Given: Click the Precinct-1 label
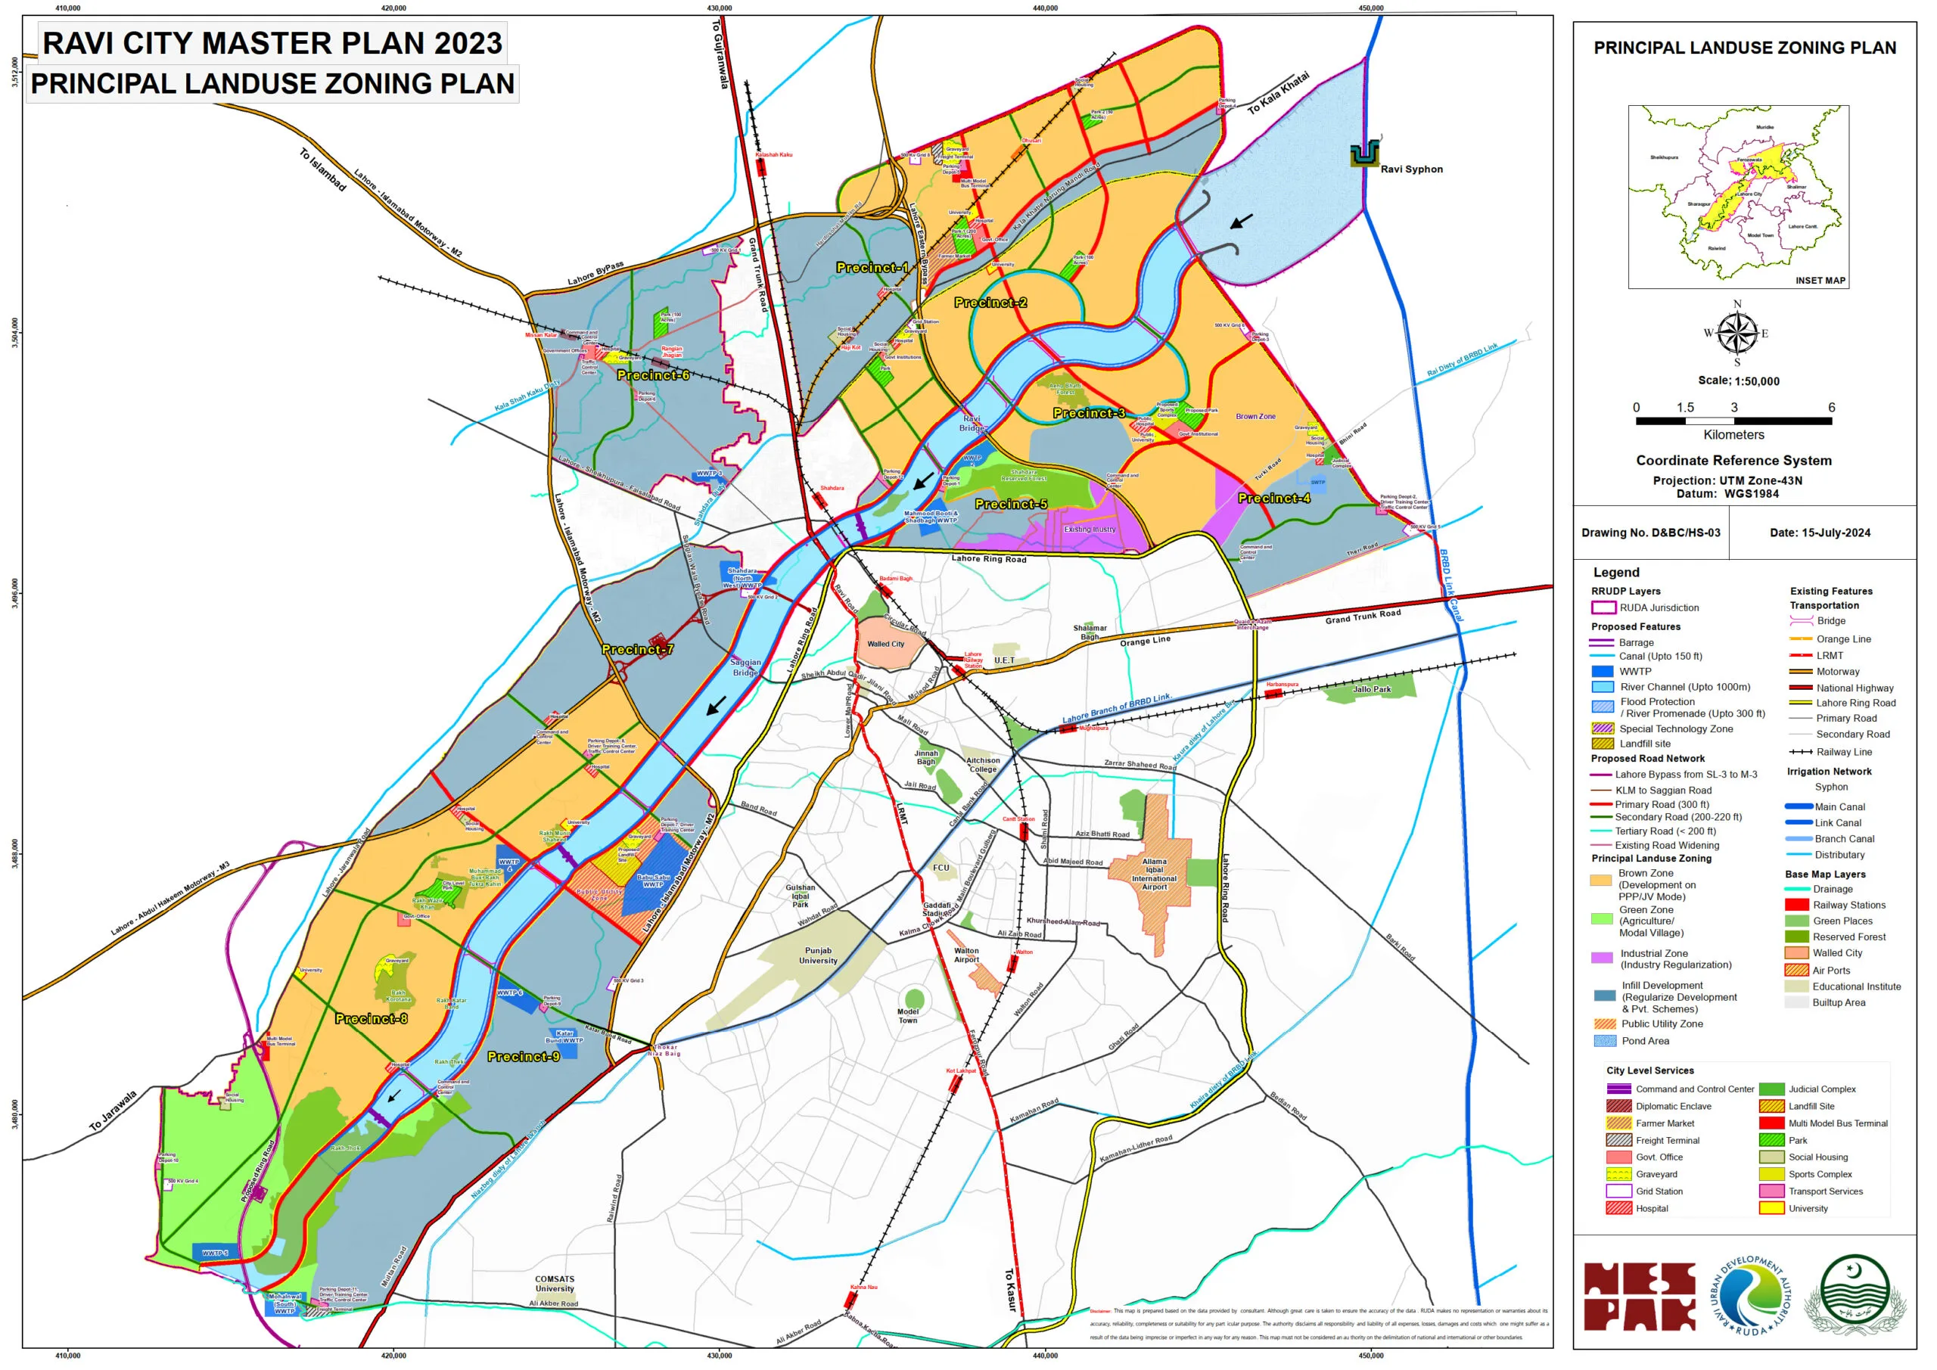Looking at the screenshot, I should (872, 268).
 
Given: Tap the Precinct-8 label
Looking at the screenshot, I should (372, 1018).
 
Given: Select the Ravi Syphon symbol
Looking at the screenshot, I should (1364, 154).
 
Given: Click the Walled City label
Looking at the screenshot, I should (885, 644).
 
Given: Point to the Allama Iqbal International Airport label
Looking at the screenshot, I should (1154, 874).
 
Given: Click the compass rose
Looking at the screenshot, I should (1736, 332).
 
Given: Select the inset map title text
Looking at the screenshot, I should (1820, 280).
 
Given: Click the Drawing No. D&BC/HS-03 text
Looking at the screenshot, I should (1650, 533).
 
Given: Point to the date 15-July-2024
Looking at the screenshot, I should (1820, 533).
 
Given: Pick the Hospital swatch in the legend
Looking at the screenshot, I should (1618, 1208).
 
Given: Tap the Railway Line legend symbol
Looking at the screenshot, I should (1800, 752).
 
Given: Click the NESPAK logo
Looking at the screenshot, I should (1638, 1296).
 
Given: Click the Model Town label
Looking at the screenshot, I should (908, 1016).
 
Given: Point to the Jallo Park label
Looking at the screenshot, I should (1372, 689).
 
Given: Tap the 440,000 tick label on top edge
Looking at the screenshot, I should (1044, 8).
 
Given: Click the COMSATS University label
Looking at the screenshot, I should (555, 1283).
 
